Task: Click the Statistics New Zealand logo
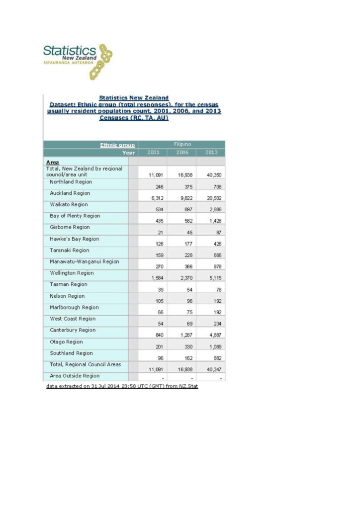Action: click(78, 61)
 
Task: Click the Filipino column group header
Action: click(181, 144)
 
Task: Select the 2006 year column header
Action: click(181, 153)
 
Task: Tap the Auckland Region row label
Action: click(70, 193)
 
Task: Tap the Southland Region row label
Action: click(71, 353)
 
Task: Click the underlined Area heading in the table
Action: click(53, 163)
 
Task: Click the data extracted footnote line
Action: click(122, 386)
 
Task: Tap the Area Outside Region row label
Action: click(75, 376)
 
